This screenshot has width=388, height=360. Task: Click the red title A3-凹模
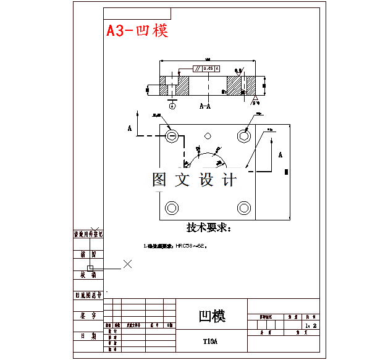click(x=137, y=30)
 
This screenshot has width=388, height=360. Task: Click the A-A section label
click(x=205, y=106)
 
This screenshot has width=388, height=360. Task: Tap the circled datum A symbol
click(x=172, y=106)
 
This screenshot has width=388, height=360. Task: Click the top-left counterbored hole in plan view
click(x=172, y=135)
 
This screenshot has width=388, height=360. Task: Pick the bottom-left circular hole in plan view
click(x=172, y=207)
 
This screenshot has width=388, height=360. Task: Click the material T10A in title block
click(x=211, y=341)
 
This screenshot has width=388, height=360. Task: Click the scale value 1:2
click(x=310, y=325)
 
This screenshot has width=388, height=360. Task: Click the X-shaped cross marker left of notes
click(x=128, y=264)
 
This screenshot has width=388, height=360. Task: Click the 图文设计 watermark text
click(x=194, y=180)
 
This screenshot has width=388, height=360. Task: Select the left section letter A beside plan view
click(x=130, y=128)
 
